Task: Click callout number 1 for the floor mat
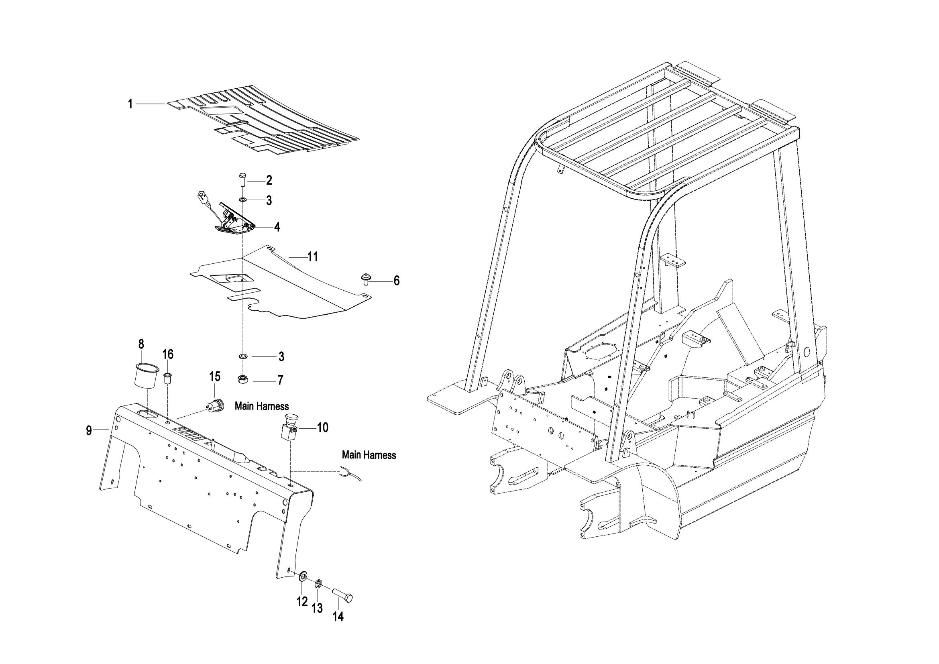click(130, 104)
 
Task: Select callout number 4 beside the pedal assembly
click(277, 227)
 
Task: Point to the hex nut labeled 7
click(242, 379)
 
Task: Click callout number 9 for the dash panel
click(88, 431)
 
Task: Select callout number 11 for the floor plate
click(312, 257)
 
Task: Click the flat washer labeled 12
click(303, 577)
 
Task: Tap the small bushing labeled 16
click(168, 378)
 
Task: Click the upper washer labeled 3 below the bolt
click(242, 200)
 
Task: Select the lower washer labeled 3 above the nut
click(242, 356)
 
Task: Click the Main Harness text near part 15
click(262, 406)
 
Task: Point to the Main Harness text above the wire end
click(369, 455)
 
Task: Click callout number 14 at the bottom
click(338, 616)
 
